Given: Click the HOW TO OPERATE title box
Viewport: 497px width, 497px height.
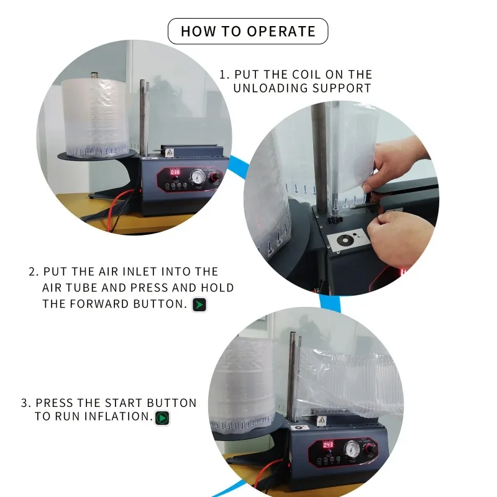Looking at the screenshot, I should pyautogui.click(x=248, y=31).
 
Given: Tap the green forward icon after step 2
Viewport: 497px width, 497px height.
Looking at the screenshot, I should pyautogui.click(x=199, y=304).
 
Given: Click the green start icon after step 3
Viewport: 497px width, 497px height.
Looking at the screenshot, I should pyautogui.click(x=162, y=418).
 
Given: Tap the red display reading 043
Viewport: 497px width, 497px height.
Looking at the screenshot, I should pyautogui.click(x=328, y=444).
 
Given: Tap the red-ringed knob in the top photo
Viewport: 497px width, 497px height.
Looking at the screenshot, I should pyautogui.click(x=216, y=178).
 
